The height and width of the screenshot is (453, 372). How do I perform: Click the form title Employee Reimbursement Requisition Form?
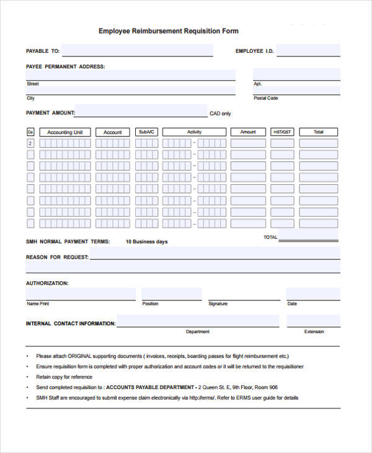(x=168, y=31)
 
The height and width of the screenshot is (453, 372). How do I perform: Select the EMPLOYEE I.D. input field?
(x=308, y=51)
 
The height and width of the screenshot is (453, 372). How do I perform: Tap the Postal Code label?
(x=265, y=98)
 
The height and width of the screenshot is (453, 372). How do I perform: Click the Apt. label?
(x=257, y=83)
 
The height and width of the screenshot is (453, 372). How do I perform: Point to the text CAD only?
(x=220, y=114)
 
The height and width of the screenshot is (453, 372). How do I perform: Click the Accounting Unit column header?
(x=64, y=132)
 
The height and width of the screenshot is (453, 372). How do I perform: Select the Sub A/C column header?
(x=147, y=132)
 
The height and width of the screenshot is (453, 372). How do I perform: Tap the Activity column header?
(x=195, y=132)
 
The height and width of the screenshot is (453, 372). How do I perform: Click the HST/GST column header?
(x=282, y=132)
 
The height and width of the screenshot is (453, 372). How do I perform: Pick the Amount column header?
(x=248, y=132)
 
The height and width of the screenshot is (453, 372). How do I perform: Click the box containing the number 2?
(x=30, y=143)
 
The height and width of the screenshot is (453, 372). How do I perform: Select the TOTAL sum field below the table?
(x=309, y=237)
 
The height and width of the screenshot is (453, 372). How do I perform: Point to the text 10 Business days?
(x=146, y=241)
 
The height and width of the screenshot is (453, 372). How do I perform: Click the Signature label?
(x=218, y=304)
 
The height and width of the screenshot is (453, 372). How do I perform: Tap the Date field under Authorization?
(x=312, y=294)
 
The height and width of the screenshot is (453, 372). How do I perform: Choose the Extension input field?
(x=313, y=321)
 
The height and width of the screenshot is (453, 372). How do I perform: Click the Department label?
(x=198, y=331)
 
